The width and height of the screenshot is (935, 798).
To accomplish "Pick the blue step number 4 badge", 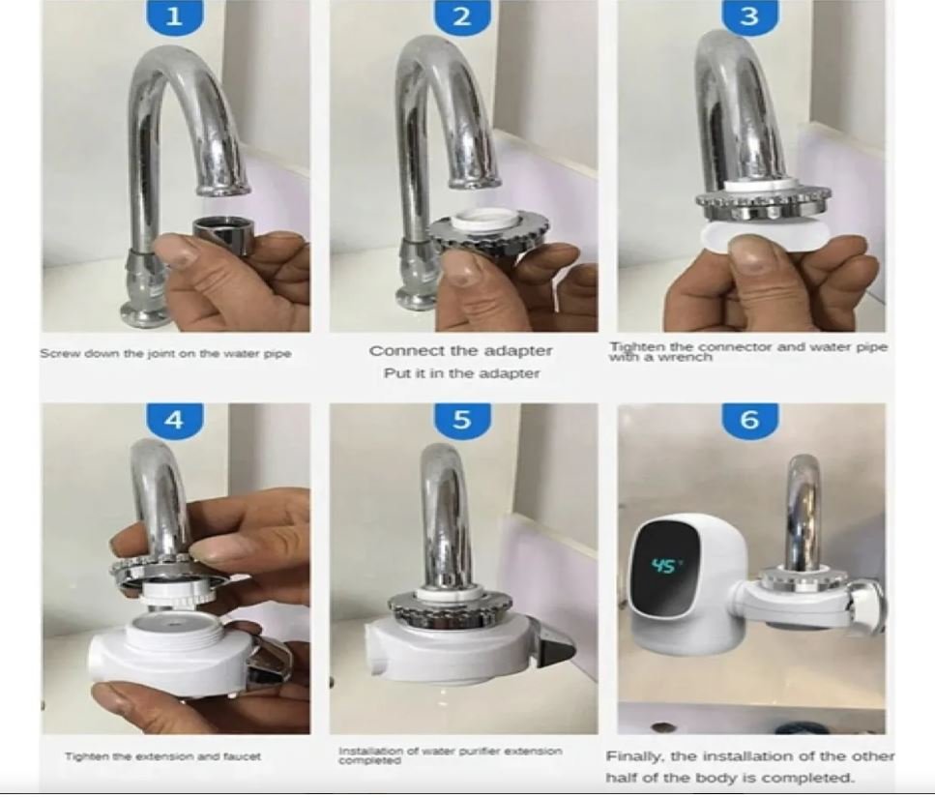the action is (175, 419).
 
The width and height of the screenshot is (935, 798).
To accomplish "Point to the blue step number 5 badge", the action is (462, 419).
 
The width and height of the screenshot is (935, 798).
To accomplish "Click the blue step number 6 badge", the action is (749, 419).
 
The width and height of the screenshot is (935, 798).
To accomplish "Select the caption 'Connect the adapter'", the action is (461, 351).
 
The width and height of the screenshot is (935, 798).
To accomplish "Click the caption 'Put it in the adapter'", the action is (461, 373).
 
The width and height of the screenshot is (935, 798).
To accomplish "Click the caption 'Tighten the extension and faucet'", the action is (162, 756).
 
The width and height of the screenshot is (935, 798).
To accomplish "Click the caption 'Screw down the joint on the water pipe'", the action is (165, 353).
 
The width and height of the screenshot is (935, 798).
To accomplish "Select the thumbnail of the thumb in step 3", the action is (752, 246).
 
